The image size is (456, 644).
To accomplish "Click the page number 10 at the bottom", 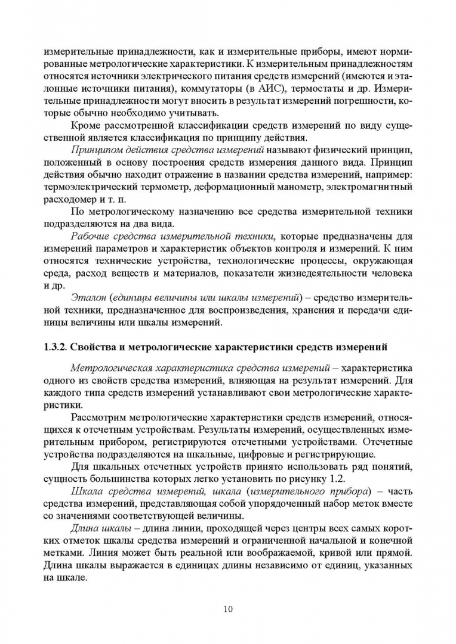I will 228,609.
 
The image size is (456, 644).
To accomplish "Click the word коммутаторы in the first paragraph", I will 211,89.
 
